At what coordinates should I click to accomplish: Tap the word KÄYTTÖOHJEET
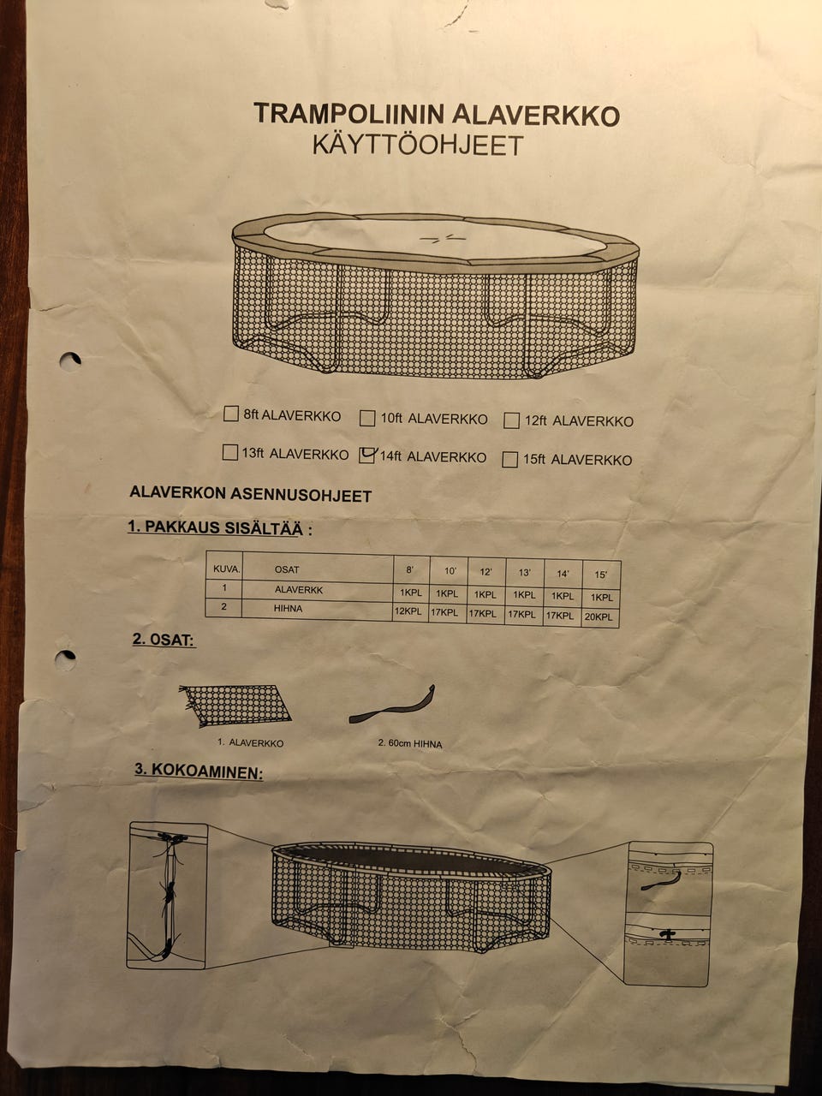[x=417, y=145]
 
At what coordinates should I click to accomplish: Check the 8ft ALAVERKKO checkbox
[x=230, y=414]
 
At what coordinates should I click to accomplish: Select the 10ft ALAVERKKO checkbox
[x=367, y=418]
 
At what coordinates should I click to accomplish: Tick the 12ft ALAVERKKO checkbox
[x=512, y=420]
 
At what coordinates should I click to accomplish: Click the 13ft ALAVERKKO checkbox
[x=229, y=452]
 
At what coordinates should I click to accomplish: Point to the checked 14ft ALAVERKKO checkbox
[x=367, y=456]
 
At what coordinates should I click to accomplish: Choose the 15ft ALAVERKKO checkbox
[x=510, y=460]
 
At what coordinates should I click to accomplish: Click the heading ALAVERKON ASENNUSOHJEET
[x=250, y=494]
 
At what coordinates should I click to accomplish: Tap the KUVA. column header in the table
[x=226, y=568]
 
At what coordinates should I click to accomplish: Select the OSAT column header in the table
[x=287, y=569]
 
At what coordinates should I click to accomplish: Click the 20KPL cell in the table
[x=601, y=617]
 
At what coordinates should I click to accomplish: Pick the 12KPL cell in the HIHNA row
[x=408, y=612]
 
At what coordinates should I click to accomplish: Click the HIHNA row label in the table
[x=289, y=609]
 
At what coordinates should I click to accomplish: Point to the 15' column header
[x=600, y=575]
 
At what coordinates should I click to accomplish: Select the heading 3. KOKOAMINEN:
[x=198, y=771]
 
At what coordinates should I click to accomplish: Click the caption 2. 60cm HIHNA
[x=410, y=744]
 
